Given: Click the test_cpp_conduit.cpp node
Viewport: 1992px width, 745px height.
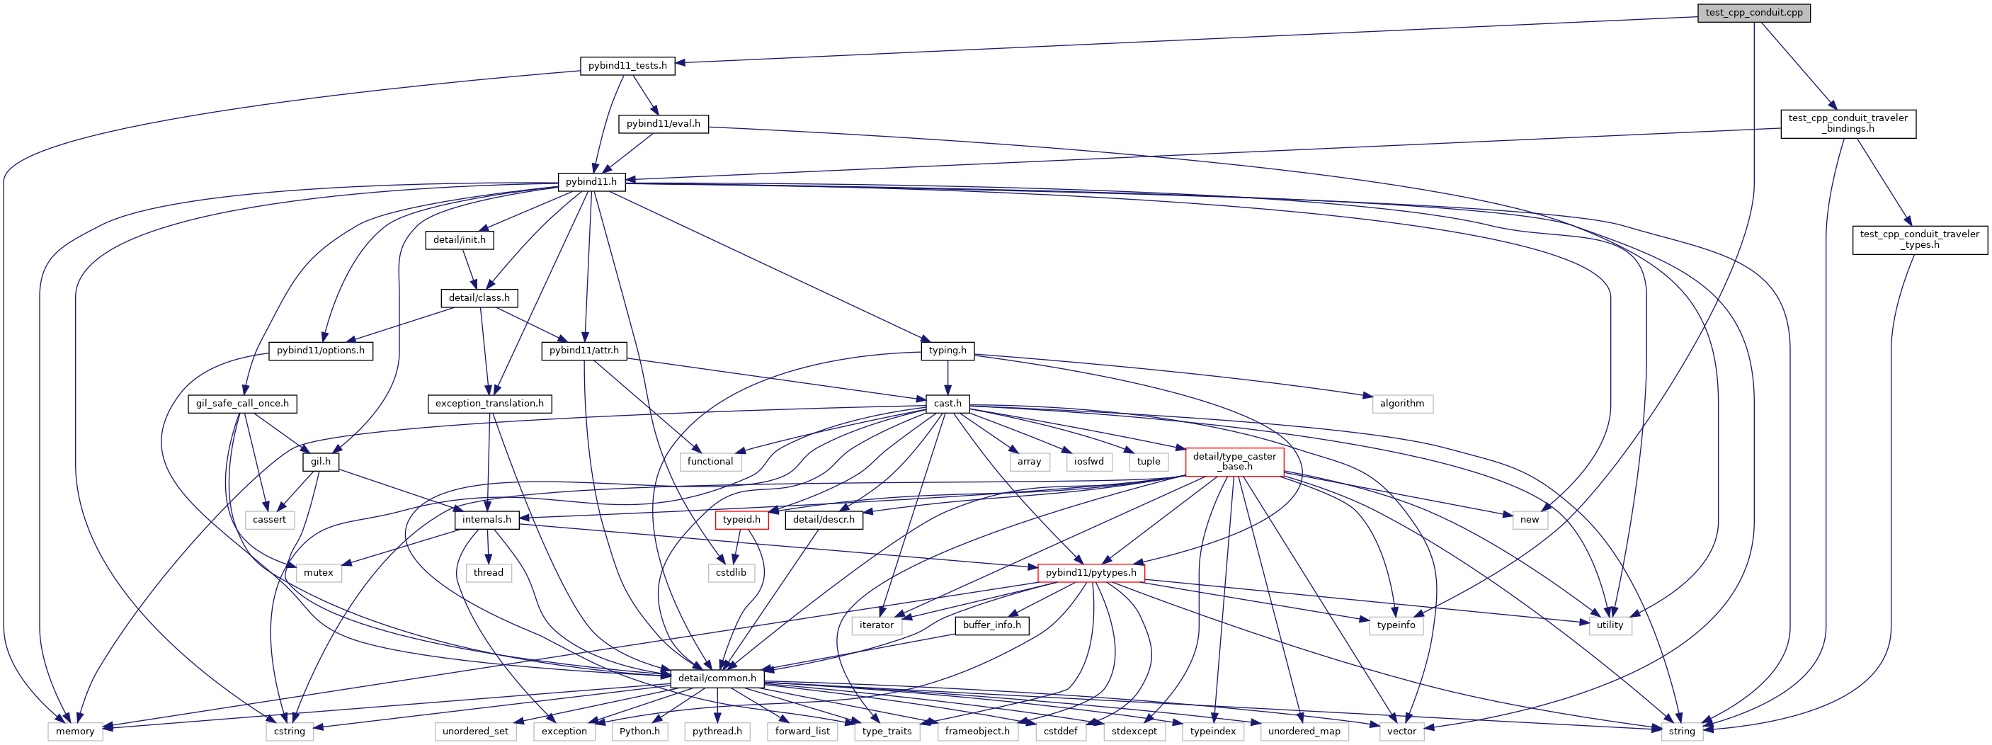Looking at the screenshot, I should (x=1753, y=12).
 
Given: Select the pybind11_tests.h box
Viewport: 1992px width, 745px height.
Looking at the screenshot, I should (x=627, y=65).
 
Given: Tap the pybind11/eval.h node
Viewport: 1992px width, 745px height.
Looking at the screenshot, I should (x=663, y=123).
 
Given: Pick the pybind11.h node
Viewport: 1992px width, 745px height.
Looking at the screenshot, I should (x=591, y=182).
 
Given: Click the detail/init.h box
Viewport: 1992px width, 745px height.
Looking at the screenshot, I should (x=459, y=240).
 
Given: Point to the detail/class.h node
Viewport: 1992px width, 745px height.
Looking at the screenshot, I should (x=479, y=298).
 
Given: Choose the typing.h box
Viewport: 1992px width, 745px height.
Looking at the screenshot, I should (x=947, y=351).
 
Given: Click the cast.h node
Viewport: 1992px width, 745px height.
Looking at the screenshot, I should (x=947, y=403).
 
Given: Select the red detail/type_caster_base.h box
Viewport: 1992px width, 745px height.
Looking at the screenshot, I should (x=1234, y=461).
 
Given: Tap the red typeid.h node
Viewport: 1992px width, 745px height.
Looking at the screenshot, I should (x=741, y=520).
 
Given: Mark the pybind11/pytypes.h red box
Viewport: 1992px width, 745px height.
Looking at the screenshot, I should (x=1091, y=572).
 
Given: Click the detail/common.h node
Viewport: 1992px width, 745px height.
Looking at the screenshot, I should (x=717, y=678).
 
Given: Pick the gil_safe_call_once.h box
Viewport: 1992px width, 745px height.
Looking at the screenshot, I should (x=242, y=403).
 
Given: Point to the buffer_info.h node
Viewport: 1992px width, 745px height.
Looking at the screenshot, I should (x=991, y=625).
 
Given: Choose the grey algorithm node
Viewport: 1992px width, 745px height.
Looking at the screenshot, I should (x=1401, y=403).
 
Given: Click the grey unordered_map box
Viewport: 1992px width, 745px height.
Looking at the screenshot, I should (x=1304, y=731).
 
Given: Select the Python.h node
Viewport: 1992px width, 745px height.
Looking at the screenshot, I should (x=639, y=731).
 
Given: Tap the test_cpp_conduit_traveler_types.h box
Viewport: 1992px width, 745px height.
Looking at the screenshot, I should (x=1919, y=239).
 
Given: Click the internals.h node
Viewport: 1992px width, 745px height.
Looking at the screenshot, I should (x=486, y=520).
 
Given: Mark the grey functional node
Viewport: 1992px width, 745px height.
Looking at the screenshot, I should (x=710, y=461).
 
